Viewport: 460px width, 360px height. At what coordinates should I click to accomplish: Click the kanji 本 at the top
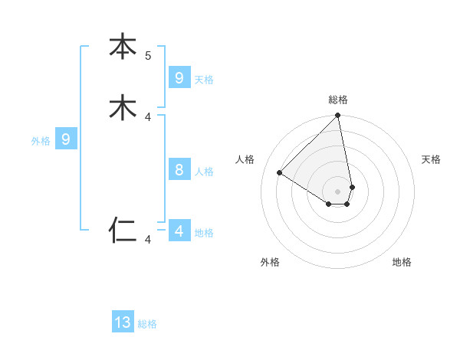(123, 47)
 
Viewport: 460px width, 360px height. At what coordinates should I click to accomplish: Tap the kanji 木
(123, 108)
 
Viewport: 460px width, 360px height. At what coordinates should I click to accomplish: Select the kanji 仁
(123, 229)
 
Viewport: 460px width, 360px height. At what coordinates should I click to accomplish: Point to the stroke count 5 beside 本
(148, 56)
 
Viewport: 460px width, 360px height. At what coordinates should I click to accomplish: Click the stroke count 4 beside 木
(148, 117)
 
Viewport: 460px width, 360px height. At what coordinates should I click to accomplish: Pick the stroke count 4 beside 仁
(148, 240)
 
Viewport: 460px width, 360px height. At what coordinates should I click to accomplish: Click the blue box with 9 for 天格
(179, 78)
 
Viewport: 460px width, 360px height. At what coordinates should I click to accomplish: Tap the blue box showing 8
(179, 170)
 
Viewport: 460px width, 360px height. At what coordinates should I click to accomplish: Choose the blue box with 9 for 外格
(66, 139)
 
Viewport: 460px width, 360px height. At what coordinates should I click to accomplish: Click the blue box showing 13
(123, 322)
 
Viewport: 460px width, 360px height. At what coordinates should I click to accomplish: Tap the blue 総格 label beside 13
(147, 324)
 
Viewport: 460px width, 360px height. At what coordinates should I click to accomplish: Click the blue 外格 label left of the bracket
(41, 141)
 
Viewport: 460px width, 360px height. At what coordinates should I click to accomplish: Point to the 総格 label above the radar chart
(338, 100)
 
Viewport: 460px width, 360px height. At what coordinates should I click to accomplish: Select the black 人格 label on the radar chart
(245, 159)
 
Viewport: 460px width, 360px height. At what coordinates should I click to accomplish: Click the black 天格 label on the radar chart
(431, 159)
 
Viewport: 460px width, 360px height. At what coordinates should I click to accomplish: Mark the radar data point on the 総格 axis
(338, 116)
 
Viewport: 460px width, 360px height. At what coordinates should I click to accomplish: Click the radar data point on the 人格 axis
(280, 173)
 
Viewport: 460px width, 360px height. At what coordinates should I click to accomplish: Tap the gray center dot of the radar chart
(338, 191)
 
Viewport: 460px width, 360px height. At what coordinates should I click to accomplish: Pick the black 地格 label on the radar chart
(402, 262)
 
